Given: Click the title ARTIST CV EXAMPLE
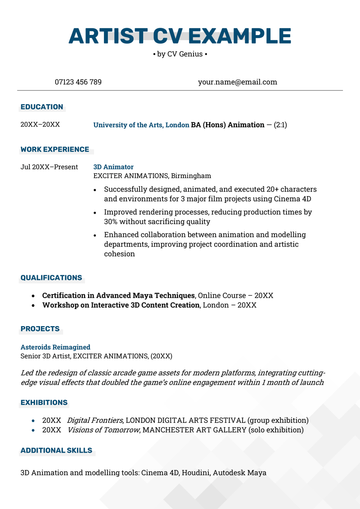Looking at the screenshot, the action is (180, 37).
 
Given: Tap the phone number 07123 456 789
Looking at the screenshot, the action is (78, 82).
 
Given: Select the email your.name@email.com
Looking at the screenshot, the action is (238, 82).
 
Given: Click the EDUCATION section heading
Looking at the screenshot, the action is (41, 107).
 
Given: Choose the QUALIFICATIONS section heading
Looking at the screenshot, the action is (51, 278).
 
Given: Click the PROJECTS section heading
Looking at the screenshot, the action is (40, 329).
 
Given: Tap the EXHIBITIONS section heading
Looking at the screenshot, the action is (45, 403).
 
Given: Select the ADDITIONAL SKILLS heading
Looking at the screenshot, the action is (55, 451).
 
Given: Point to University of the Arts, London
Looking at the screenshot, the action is (141, 125).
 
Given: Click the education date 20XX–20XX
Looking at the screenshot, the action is (40, 125).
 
